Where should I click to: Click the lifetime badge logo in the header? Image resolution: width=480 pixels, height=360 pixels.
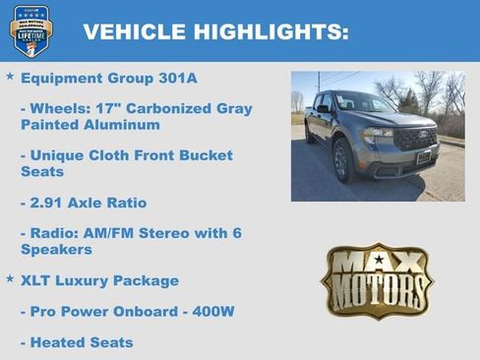click(x=30, y=30)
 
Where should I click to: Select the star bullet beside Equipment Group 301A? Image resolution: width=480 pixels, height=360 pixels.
click(x=10, y=76)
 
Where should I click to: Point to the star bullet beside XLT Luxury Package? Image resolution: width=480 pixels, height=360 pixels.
click(x=10, y=279)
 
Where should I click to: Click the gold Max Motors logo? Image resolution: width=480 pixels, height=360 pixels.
click(x=377, y=279)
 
